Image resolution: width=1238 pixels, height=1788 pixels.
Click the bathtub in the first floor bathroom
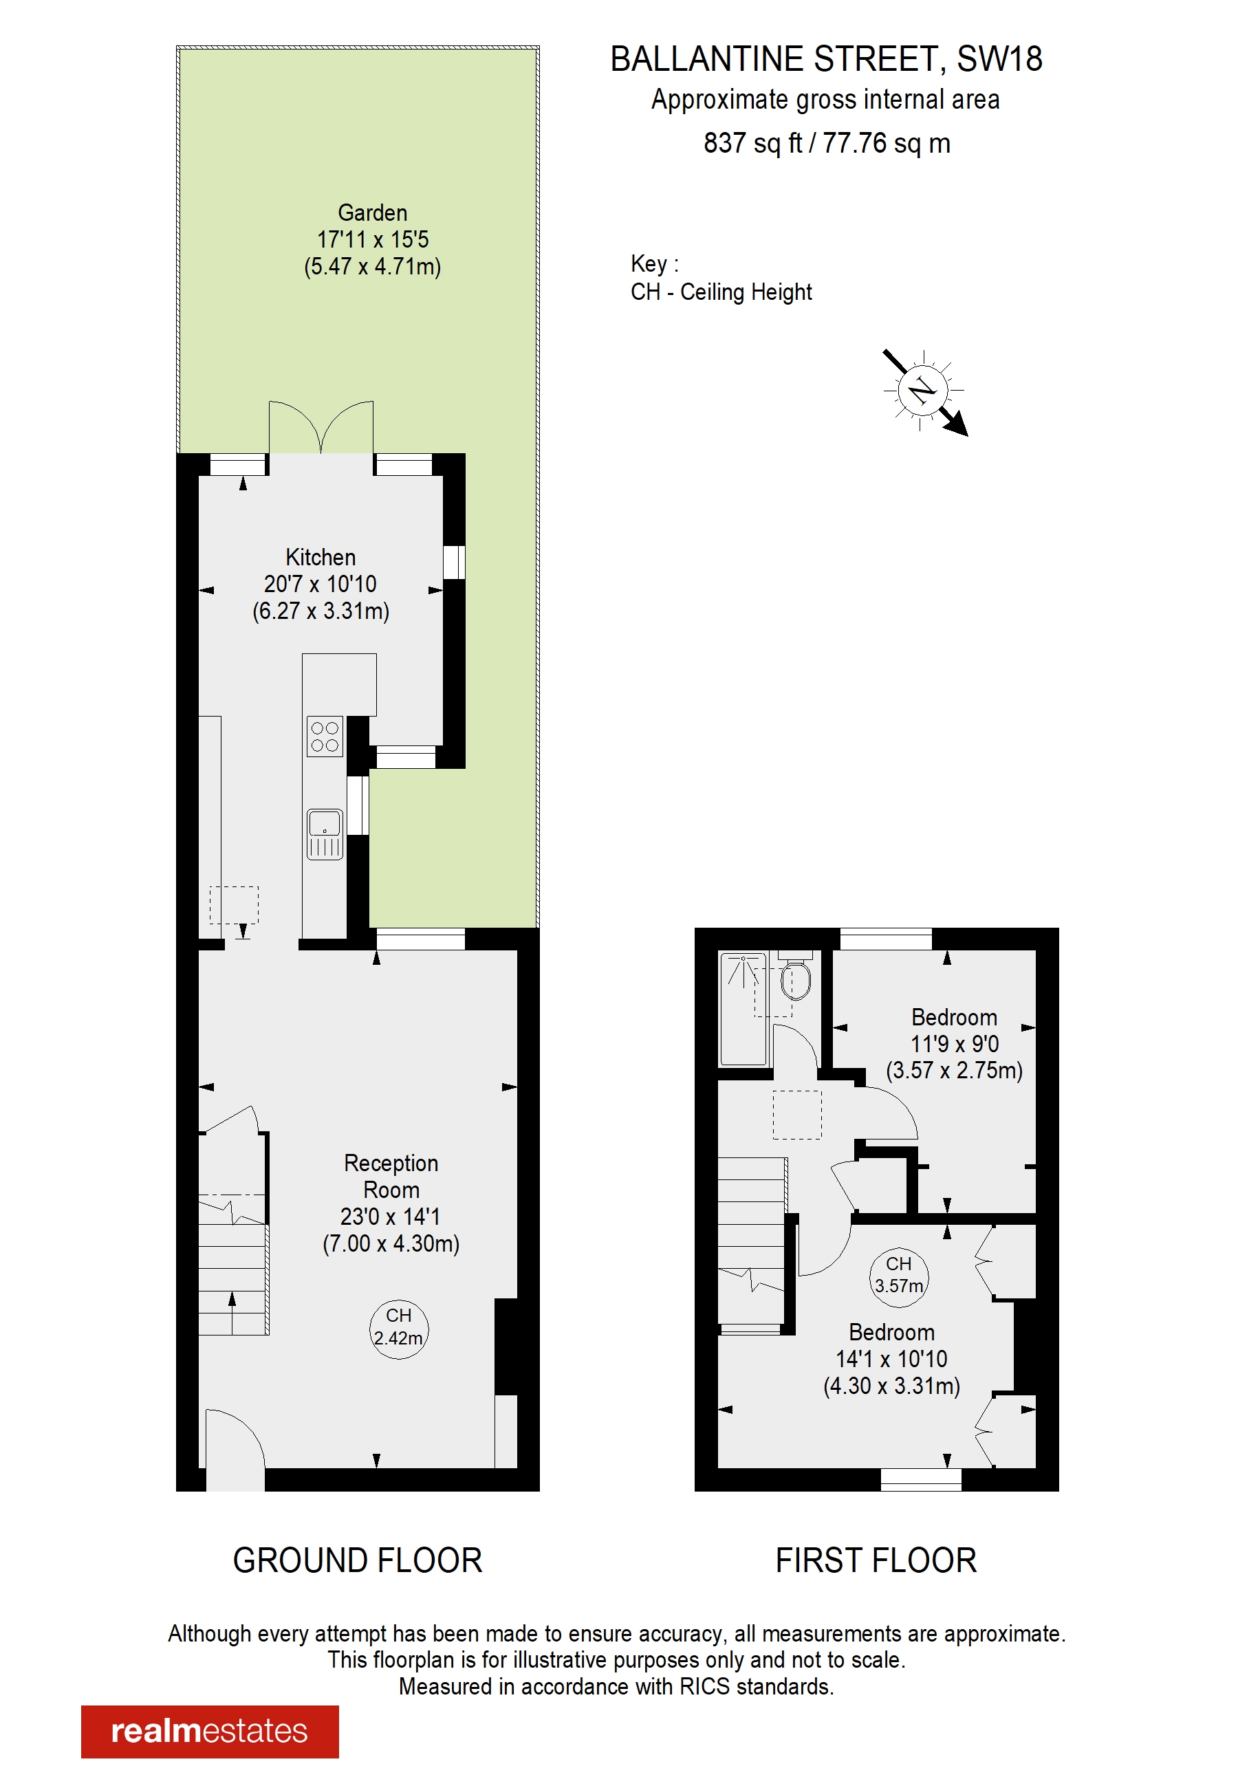point(743,1009)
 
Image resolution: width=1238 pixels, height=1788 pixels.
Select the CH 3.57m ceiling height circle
point(898,1275)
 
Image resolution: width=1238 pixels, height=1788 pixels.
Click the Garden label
point(372,212)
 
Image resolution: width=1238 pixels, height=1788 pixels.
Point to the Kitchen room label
point(321,557)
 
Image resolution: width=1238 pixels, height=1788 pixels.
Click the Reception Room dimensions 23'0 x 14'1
point(390,1217)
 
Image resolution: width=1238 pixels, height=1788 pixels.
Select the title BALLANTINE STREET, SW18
point(826,60)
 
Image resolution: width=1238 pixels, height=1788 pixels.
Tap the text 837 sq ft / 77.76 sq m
point(826,144)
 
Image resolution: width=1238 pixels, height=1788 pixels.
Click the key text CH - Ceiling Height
point(721,292)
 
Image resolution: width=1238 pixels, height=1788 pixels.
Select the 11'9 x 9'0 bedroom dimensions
point(954,1044)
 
